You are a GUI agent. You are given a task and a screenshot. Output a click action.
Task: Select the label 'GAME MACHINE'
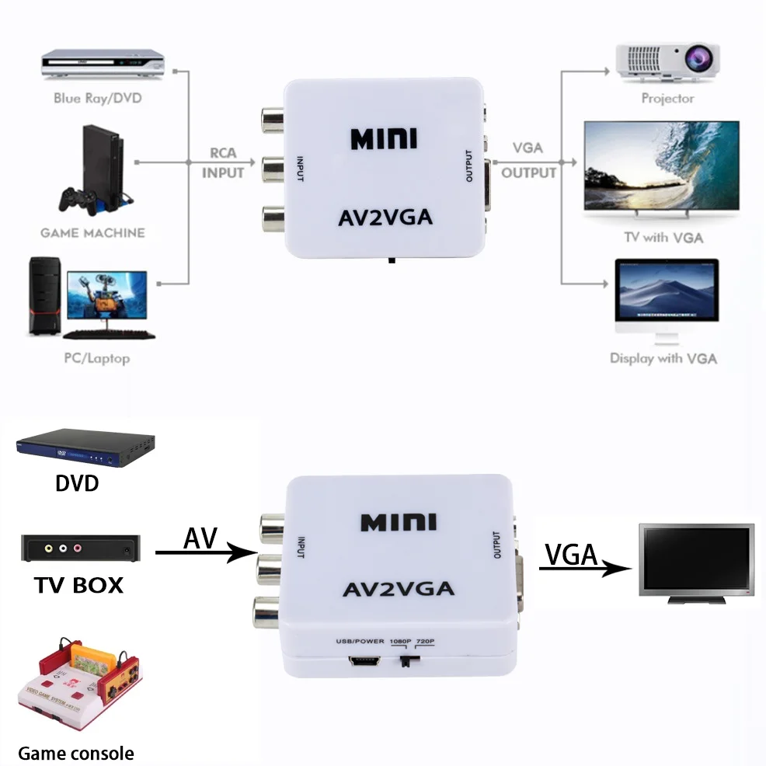[92, 232]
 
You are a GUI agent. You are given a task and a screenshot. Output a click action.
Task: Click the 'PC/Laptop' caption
[96, 358]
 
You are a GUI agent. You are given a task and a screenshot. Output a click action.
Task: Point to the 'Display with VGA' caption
[663, 358]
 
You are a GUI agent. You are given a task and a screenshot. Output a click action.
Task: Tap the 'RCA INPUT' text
[223, 163]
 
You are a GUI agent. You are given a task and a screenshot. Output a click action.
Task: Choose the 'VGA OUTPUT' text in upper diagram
[528, 161]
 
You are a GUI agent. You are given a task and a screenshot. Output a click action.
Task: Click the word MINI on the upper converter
[384, 139]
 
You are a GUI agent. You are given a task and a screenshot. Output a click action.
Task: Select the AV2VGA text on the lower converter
[399, 588]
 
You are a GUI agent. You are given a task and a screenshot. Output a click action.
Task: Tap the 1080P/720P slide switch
[406, 662]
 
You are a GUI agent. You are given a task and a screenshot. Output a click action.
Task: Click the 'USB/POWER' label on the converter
[360, 641]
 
